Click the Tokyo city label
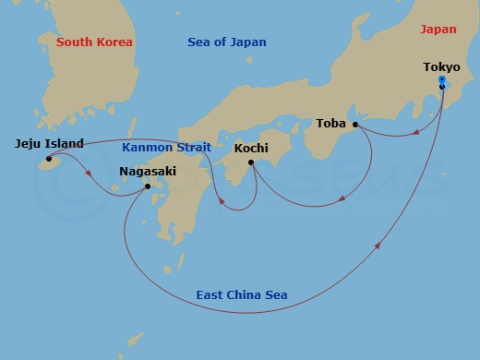pyautogui.click(x=441, y=67)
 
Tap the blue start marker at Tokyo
pyautogui.click(x=441, y=81)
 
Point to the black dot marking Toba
pyautogui.click(x=355, y=124)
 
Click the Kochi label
pyautogui.click(x=251, y=148)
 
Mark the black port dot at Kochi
pyautogui.click(x=251, y=162)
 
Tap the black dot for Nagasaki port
pyautogui.click(x=149, y=186)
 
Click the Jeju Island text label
pyautogui.click(x=50, y=144)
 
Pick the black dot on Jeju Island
pyautogui.click(x=48, y=159)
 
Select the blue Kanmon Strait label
pyautogui.click(x=167, y=148)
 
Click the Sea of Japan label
pyautogui.click(x=226, y=42)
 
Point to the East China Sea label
pyautogui.click(x=241, y=295)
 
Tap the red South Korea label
pyautogui.click(x=94, y=42)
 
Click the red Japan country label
pyautogui.click(x=438, y=30)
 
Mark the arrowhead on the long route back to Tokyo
pyautogui.click(x=379, y=246)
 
